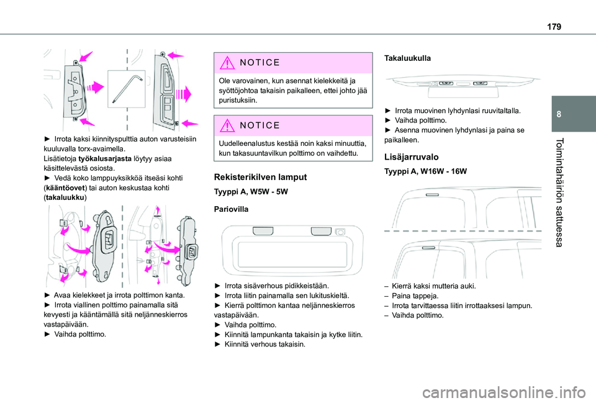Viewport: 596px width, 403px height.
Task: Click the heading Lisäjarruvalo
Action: tap(412, 157)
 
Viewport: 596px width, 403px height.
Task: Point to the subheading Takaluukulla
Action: tap(407, 57)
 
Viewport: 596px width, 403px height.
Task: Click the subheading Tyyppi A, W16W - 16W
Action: tap(425, 171)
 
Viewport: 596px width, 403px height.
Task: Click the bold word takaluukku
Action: tap(65, 197)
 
